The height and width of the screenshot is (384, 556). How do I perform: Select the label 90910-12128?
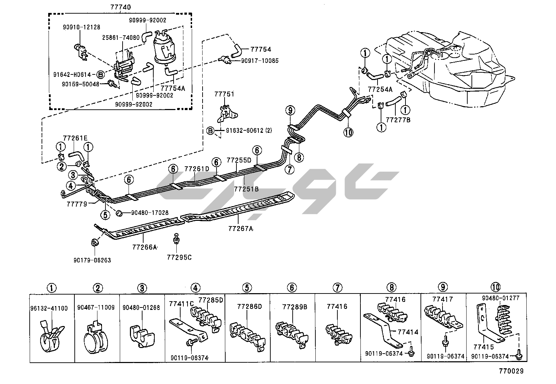pos(81,27)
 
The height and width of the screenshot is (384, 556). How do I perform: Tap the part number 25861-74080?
pos(121,37)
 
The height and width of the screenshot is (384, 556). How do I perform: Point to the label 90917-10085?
pos(260,61)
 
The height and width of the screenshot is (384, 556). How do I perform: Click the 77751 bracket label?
pos(224,94)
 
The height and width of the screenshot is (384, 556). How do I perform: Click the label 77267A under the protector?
pos(241,229)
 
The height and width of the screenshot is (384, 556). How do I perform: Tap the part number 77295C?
pos(179,258)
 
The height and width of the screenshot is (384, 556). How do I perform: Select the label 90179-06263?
pos(92,260)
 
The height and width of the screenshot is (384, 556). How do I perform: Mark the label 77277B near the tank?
pos(398,120)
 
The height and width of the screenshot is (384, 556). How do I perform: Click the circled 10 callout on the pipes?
pos(349,132)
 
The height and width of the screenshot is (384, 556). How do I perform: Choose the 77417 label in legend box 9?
pos(442,299)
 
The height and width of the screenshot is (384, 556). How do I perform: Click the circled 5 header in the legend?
pos(247,288)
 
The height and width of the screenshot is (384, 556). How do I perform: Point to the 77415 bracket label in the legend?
pos(484,347)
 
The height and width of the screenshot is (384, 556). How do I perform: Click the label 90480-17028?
pos(150,212)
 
